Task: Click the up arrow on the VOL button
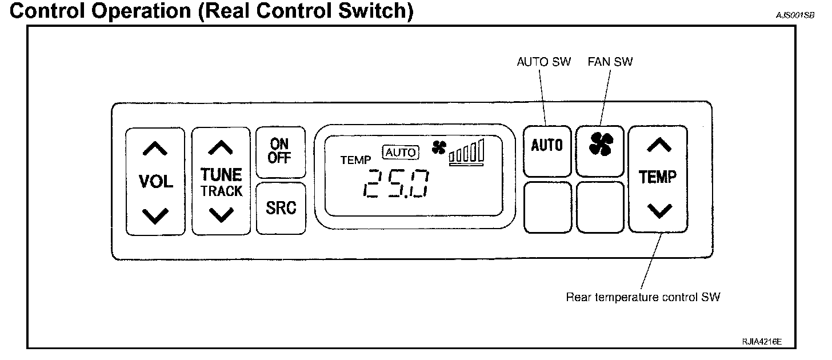pyautogui.click(x=155, y=149)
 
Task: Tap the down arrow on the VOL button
pyautogui.click(x=155, y=215)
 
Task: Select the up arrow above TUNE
pyautogui.click(x=221, y=148)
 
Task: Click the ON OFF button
pyautogui.click(x=279, y=151)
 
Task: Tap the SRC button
pyautogui.click(x=281, y=208)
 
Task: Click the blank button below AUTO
pyautogui.click(x=547, y=207)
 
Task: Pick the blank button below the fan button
pyautogui.click(x=599, y=207)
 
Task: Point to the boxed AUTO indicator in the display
pyautogui.click(x=402, y=153)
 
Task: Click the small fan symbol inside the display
pyautogui.click(x=439, y=147)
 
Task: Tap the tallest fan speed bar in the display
pyautogui.click(x=482, y=149)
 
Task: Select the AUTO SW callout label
pyautogui.click(x=543, y=62)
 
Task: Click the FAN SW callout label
pyautogui.click(x=610, y=62)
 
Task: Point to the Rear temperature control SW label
pyautogui.click(x=643, y=297)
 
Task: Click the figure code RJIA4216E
pyautogui.click(x=761, y=341)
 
